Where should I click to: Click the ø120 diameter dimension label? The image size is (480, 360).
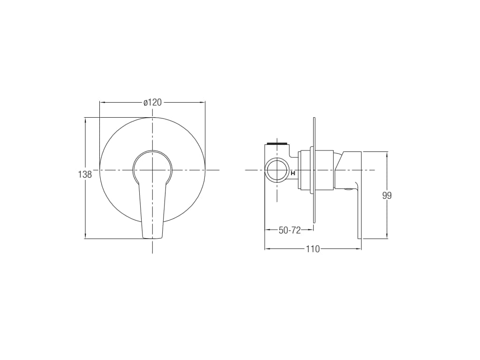point(152,102)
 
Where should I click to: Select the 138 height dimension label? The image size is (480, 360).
point(85,174)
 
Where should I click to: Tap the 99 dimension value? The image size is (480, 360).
point(387,195)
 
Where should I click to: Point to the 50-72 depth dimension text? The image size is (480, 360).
point(290,230)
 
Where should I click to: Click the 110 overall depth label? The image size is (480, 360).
point(313,249)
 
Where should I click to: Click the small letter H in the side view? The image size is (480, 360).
point(293,173)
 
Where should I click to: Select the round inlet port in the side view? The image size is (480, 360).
point(277,170)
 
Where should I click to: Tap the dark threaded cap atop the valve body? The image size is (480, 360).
point(277,143)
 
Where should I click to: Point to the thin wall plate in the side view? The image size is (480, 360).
point(314,170)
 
